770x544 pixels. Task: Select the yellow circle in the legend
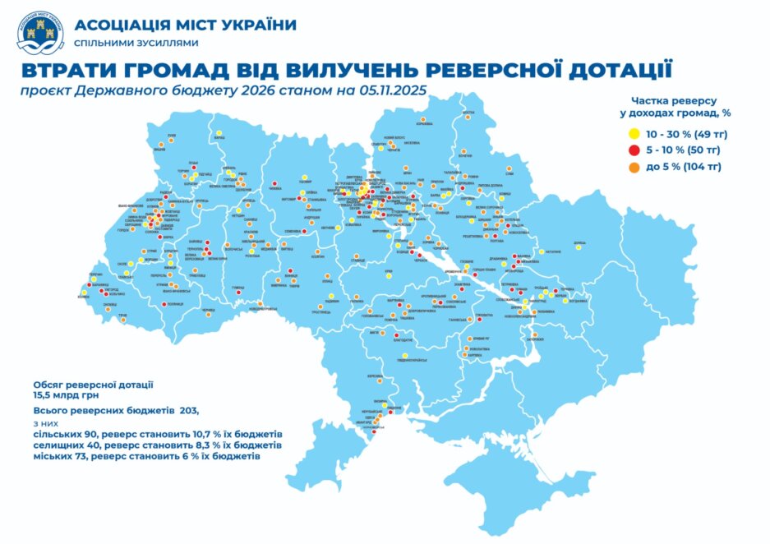633,133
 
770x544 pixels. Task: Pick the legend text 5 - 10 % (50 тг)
684,150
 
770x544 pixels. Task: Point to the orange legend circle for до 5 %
633,167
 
